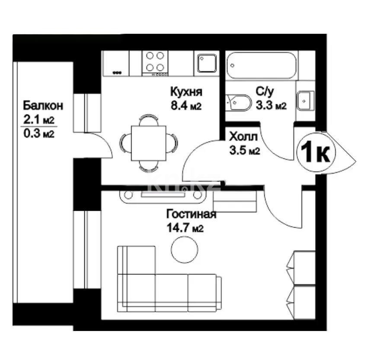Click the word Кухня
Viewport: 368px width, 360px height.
(x=186, y=92)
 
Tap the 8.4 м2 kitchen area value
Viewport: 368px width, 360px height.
(x=186, y=106)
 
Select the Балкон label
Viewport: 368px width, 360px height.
(x=43, y=106)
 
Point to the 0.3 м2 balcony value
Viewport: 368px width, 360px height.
(x=39, y=134)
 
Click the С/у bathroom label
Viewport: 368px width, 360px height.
(x=265, y=92)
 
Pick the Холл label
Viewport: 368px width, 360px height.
(x=243, y=137)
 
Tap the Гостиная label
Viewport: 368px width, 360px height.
(x=191, y=214)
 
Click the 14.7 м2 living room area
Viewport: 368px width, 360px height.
(x=185, y=228)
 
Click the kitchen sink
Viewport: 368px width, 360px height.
(x=207, y=63)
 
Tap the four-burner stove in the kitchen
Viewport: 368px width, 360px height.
(x=155, y=63)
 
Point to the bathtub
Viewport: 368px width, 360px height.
(x=262, y=65)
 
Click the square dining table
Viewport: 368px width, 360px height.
(x=149, y=143)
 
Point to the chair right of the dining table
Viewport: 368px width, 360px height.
(x=172, y=143)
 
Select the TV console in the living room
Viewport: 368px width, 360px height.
(x=162, y=196)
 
